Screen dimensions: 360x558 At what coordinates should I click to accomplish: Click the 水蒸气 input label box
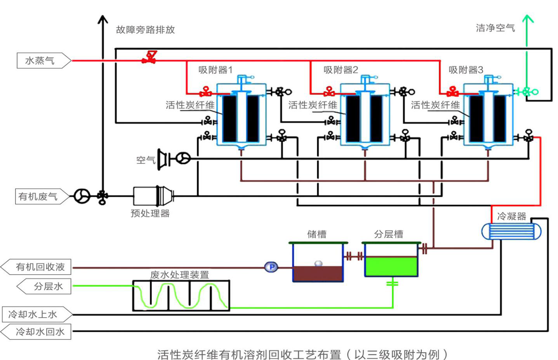pos(43,61)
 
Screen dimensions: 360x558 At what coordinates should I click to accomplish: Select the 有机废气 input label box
pos(41,197)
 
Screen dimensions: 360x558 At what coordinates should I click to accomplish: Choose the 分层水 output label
pos(45,286)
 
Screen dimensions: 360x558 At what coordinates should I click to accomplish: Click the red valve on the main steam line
pos(149,58)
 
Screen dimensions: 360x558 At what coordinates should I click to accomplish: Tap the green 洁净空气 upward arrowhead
pos(527,19)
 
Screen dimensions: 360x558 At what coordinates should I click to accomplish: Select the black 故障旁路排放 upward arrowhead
pos(103,20)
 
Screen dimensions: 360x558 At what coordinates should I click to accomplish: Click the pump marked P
pos(271,267)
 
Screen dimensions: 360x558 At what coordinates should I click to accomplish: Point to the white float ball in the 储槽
pos(318,264)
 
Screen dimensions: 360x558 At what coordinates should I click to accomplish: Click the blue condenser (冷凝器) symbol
pos(511,232)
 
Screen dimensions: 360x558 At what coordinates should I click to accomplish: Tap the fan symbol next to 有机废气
pos(82,196)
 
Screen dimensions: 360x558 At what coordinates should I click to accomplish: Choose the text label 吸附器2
pos(341,70)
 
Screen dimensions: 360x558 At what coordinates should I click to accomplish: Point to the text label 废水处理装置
pos(179,275)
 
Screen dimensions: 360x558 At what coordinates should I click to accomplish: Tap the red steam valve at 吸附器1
pos(205,92)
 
